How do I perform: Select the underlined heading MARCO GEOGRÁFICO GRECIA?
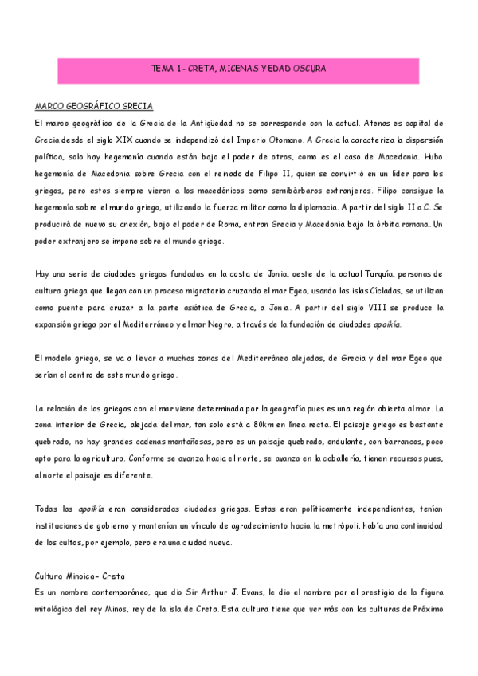point(94,106)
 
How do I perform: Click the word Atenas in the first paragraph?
point(378,124)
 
